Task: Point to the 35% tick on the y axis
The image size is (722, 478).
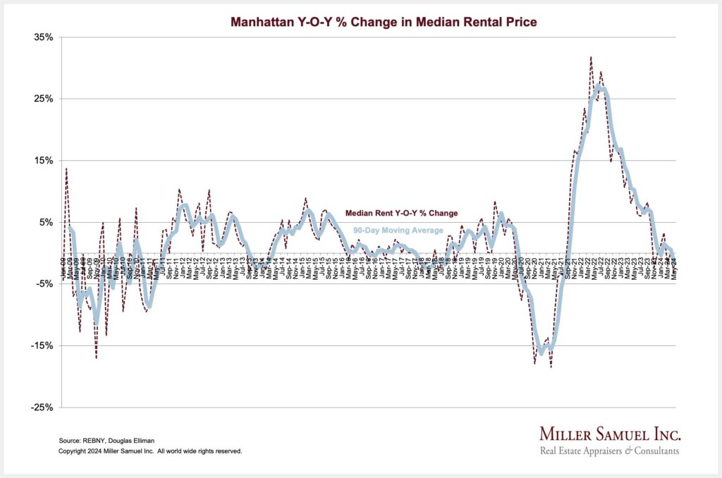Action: (x=43, y=37)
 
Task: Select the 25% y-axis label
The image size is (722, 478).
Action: (x=43, y=99)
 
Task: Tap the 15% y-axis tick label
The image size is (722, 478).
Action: (x=43, y=161)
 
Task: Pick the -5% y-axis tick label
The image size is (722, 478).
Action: (x=44, y=284)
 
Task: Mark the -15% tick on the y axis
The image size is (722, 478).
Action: (x=42, y=346)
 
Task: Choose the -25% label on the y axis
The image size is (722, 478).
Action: (x=42, y=407)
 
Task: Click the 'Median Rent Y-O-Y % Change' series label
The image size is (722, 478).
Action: (x=401, y=212)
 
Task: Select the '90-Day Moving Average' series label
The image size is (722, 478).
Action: (x=398, y=231)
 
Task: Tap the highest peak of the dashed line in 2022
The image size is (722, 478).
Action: (x=591, y=57)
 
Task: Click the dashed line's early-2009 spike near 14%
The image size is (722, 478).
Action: (x=66, y=168)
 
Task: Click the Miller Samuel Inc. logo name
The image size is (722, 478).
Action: (x=609, y=434)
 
